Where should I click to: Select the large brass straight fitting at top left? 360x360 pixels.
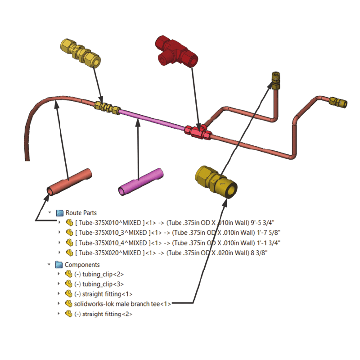[x=80, y=51]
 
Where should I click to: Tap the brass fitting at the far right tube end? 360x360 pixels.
[x=338, y=101]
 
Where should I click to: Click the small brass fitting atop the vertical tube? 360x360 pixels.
[x=274, y=79]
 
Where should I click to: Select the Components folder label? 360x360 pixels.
[x=82, y=265]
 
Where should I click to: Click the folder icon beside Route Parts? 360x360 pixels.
[x=59, y=212]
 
